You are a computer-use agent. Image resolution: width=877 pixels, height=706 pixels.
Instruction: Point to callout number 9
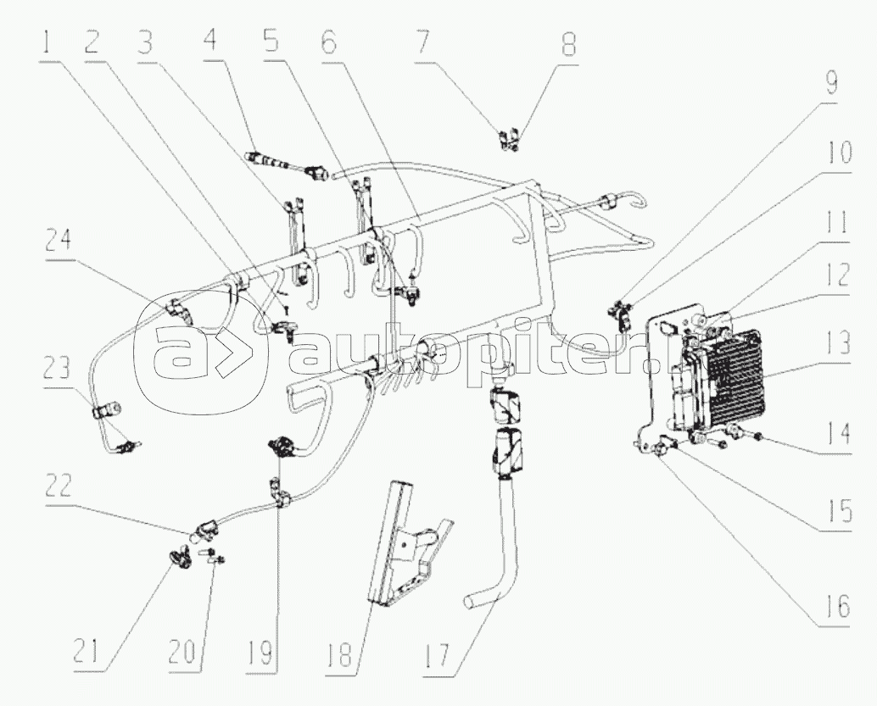830,82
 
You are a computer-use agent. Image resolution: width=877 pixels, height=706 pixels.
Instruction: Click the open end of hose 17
472,601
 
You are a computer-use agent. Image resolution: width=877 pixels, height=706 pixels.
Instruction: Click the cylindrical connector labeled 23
105,414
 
